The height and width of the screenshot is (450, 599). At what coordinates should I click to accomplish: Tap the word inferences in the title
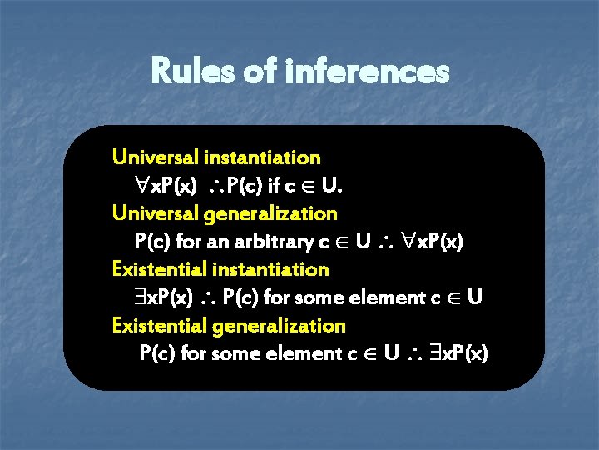367,72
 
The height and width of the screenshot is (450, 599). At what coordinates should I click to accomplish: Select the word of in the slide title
260,72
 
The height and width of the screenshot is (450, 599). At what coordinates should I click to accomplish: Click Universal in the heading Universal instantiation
151,157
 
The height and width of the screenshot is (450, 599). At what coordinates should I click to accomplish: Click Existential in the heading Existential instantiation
160,269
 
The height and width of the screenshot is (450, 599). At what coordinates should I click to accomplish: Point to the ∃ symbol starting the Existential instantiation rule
143,297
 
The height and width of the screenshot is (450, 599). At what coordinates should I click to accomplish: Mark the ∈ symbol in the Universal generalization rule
339,242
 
